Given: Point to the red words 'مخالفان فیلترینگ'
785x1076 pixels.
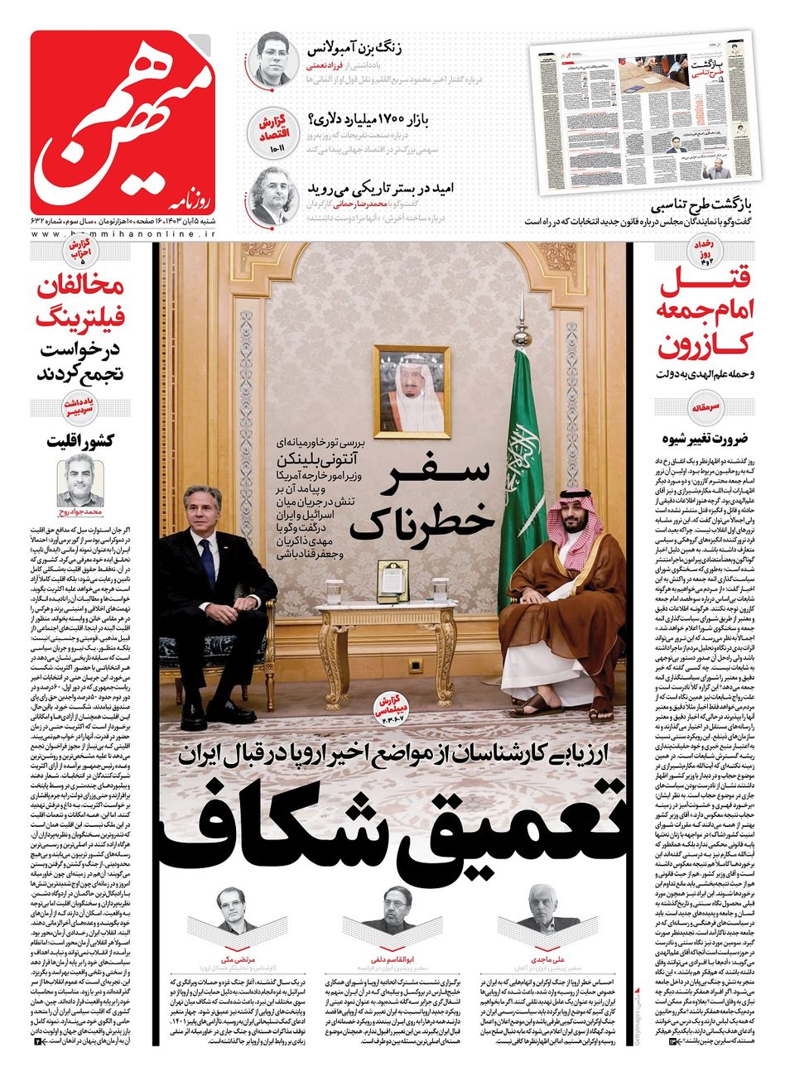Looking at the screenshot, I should [x=81, y=303].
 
